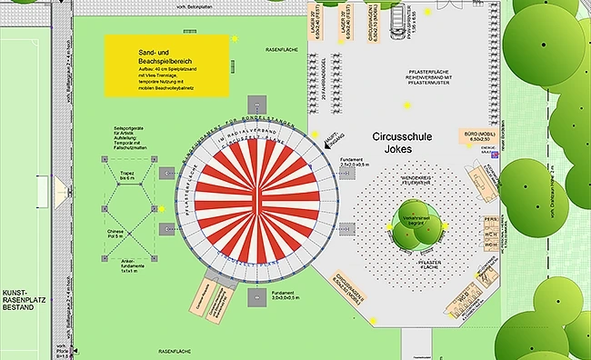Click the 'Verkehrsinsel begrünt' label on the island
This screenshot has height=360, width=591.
point(416,221)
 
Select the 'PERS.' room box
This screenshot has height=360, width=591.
point(490,220)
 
